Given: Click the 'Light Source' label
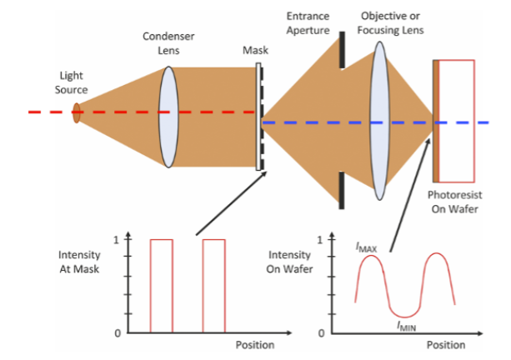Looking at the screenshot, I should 71,82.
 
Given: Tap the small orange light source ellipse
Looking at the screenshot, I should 77,112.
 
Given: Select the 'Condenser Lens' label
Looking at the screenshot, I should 168,43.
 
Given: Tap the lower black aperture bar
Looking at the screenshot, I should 342,189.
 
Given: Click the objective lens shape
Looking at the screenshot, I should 381,117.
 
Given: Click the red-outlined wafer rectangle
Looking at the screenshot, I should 457,121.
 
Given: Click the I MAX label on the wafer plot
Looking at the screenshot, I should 365,247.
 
